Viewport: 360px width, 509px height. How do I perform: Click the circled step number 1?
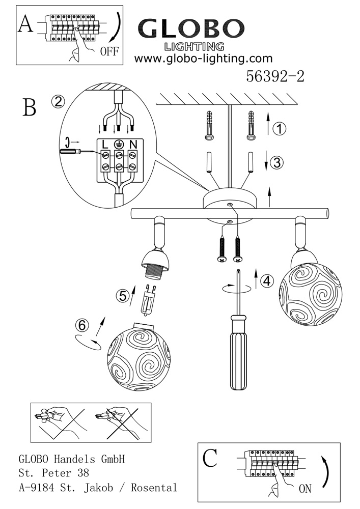click(279, 129)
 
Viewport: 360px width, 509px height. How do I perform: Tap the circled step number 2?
click(58, 102)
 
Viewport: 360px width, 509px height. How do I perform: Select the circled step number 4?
click(267, 280)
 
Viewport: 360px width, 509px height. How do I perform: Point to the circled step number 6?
click(82, 325)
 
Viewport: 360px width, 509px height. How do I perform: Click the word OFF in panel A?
click(109, 51)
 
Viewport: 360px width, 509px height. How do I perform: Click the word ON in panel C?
click(304, 488)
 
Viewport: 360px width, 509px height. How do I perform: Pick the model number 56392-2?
click(275, 77)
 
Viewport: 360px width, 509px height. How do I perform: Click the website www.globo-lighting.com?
click(204, 59)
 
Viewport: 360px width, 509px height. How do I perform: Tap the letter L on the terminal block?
click(105, 145)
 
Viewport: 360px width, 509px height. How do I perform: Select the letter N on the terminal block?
click(132, 145)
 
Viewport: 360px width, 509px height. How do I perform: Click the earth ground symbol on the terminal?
click(119, 145)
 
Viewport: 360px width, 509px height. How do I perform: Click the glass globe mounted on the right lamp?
click(311, 294)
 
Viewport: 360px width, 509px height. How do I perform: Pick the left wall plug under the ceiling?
click(210, 125)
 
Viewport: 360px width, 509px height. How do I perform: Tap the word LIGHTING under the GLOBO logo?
click(195, 47)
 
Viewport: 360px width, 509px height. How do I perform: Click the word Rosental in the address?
click(154, 488)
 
